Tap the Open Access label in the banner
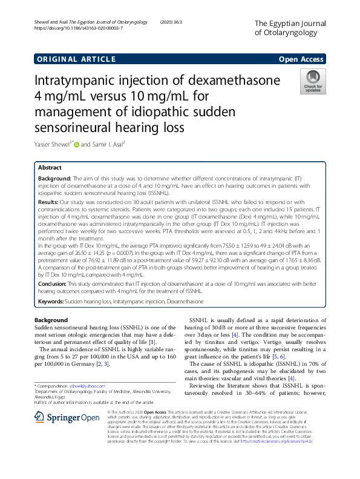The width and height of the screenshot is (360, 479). pos(302,59)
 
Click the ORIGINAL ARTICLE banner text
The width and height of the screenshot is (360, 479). pos(76,59)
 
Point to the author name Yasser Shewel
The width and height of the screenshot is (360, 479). pos(53,144)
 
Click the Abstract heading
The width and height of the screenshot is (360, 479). pos(50,167)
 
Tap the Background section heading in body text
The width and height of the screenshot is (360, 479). pos(51,320)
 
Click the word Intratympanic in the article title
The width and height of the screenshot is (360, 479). pos(74,81)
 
